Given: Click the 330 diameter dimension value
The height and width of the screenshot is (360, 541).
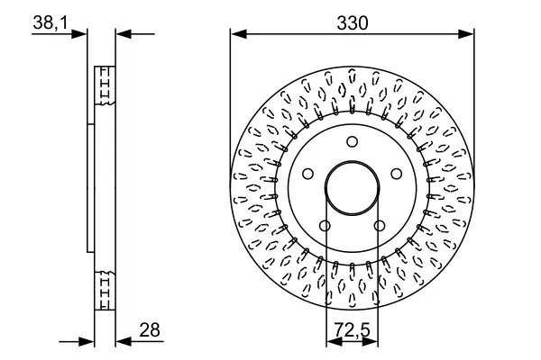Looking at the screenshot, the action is click(353, 23).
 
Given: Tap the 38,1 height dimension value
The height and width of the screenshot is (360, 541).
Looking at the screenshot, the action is click(50, 22).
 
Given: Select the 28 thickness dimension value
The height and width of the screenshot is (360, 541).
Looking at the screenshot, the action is click(150, 330).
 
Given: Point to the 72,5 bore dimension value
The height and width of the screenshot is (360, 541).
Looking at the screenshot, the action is click(352, 330).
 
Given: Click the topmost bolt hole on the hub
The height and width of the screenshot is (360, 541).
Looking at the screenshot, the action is click(352, 141).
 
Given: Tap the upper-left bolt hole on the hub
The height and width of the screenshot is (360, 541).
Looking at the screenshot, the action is click(307, 174).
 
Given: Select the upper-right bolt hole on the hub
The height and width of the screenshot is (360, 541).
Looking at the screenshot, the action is click(397, 174).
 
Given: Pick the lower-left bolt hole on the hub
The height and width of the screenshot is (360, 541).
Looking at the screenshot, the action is click(325, 226).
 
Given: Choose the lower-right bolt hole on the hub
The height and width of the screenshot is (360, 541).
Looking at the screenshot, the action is click(380, 226).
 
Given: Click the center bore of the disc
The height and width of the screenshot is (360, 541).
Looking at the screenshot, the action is click(352, 188).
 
